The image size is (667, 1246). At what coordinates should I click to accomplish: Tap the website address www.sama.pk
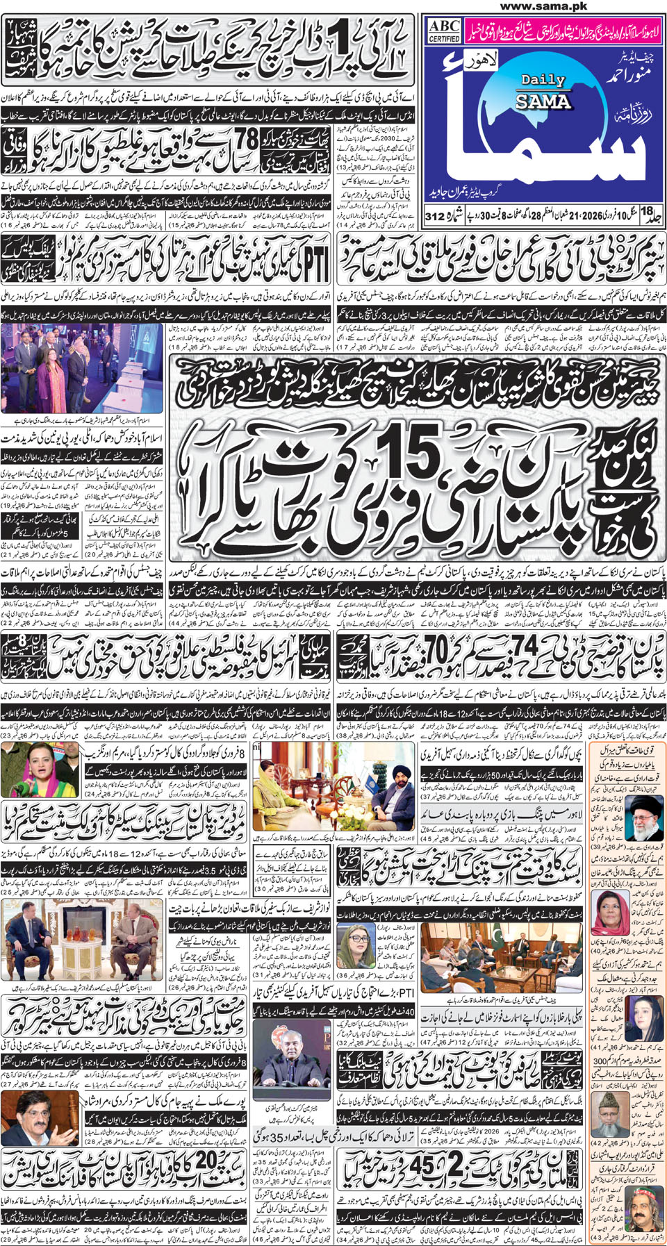click(543, 6)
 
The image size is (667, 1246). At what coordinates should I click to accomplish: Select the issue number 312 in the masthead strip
click(435, 217)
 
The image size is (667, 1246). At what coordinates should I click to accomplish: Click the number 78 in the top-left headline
click(246, 139)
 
